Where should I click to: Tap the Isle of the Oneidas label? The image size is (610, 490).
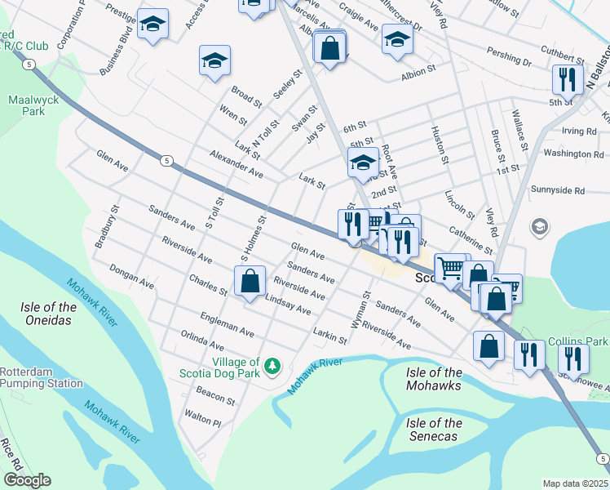point(49,314)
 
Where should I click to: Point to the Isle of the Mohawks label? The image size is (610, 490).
point(434,379)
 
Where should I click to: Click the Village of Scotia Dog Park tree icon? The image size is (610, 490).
point(274,364)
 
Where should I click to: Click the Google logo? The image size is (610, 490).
point(27,480)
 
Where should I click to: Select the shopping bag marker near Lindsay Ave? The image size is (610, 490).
point(250,282)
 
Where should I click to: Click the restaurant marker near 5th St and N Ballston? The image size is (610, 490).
point(564,79)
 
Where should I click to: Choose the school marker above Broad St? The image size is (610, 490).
point(214,61)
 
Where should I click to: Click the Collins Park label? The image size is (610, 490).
point(585,341)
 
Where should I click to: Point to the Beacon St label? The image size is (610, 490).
point(215,401)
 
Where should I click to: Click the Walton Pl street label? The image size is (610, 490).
point(203,422)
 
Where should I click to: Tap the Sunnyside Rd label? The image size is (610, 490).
point(557,190)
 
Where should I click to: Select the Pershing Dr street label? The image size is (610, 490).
point(510,58)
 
